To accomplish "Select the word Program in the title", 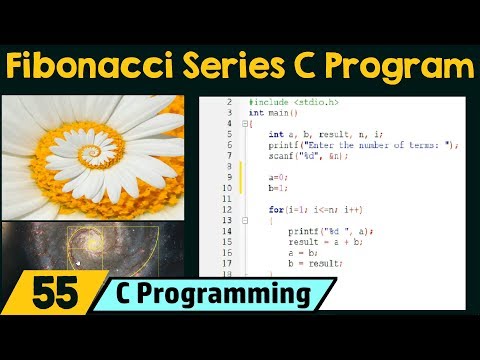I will point(406,67).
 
